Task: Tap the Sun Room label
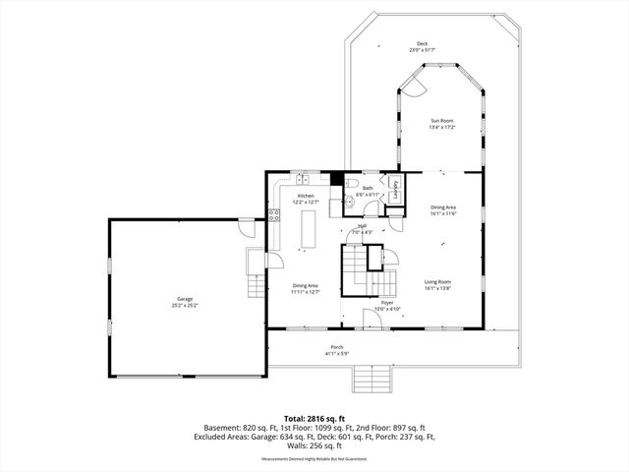440,122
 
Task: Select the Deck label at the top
423,44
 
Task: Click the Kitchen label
306,198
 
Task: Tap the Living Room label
437,283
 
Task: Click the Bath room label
368,188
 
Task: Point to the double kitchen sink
306,181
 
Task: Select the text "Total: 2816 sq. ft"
314,418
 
